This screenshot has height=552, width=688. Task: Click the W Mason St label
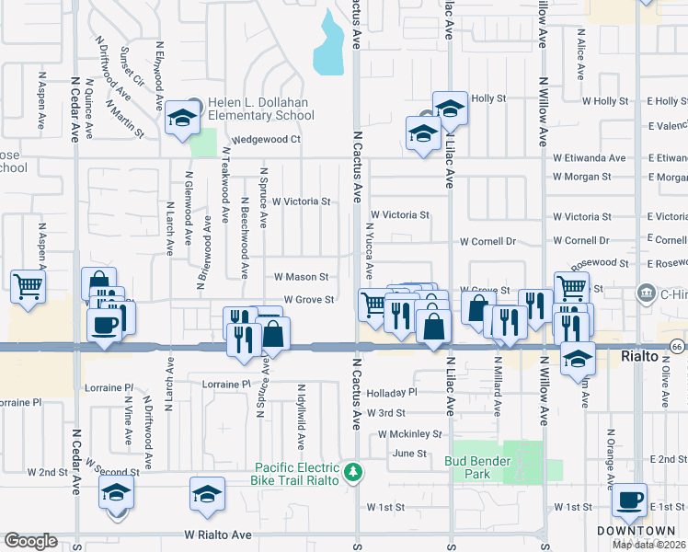pos(302,276)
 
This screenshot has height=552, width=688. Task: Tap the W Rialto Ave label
pos(218,534)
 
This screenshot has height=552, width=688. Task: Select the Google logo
pos(30,541)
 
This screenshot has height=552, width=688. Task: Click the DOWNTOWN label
pos(636,531)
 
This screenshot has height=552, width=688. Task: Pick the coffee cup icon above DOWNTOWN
pos(630,501)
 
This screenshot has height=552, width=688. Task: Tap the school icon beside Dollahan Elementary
pos(182,120)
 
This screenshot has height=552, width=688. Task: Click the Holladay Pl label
pos(392,392)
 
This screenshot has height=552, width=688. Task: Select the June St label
pos(410,453)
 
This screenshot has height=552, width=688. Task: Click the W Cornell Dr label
pos(488,242)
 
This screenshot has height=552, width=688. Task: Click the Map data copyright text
pos(649,544)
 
